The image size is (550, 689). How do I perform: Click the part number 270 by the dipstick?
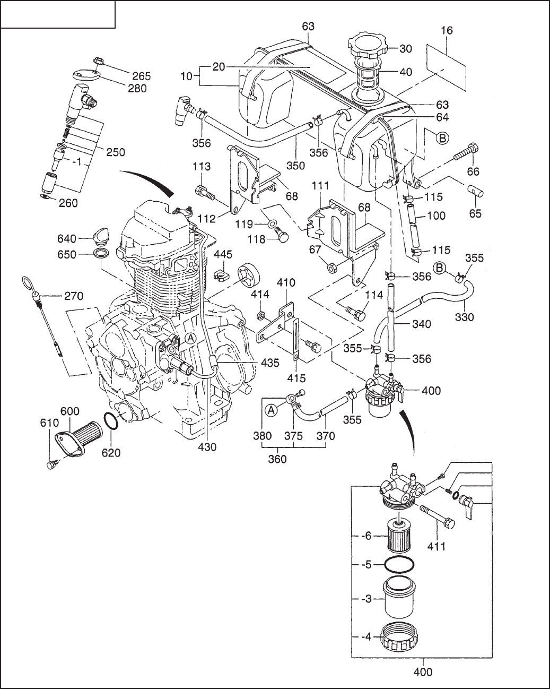point(74,296)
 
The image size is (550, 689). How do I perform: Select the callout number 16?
point(447,30)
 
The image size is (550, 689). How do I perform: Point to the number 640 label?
point(67,238)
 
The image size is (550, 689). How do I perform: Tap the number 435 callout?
point(270,363)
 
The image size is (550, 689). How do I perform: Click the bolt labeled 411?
point(438,517)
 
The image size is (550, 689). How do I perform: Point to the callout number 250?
point(116,152)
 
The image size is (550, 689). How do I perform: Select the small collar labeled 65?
point(476,193)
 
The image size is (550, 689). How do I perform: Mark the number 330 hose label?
point(464,317)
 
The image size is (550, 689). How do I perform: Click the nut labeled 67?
point(331,266)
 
